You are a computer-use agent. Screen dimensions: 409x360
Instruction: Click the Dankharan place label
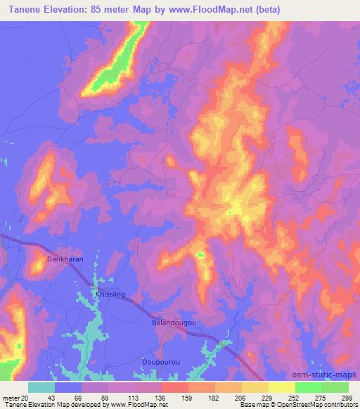[65, 259]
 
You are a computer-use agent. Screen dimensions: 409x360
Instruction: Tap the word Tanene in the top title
[27, 8]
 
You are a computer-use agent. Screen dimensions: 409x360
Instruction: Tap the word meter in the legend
[11, 398]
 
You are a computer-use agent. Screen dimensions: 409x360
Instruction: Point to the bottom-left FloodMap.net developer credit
[84, 405]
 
